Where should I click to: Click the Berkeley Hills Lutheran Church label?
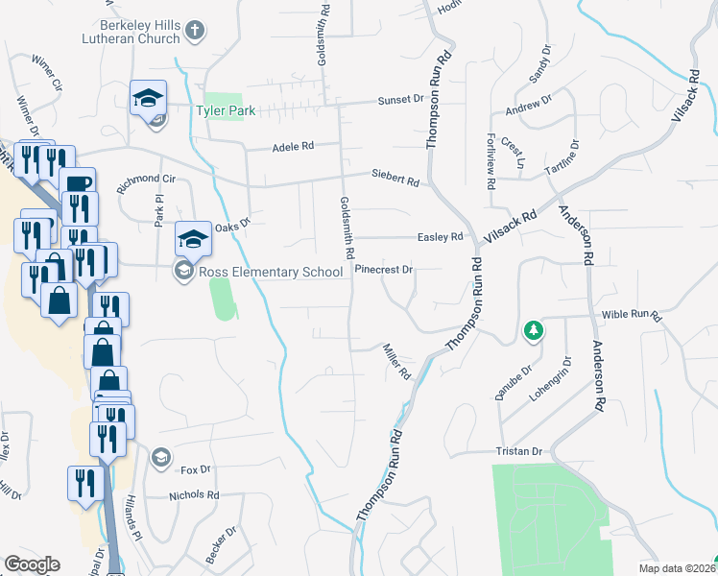(x=140, y=31)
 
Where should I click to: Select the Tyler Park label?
(x=227, y=110)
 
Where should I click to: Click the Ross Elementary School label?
(x=271, y=273)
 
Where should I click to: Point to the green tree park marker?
(x=533, y=331)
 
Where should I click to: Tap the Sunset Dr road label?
(x=400, y=99)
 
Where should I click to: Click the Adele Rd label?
(x=293, y=147)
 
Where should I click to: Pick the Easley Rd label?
(x=441, y=236)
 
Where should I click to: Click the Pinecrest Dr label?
(x=383, y=270)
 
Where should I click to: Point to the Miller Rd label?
(x=395, y=361)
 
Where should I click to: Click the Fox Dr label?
(x=195, y=469)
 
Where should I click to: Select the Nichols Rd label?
(x=194, y=495)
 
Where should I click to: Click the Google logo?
(x=32, y=564)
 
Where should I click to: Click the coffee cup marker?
(x=77, y=181)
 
